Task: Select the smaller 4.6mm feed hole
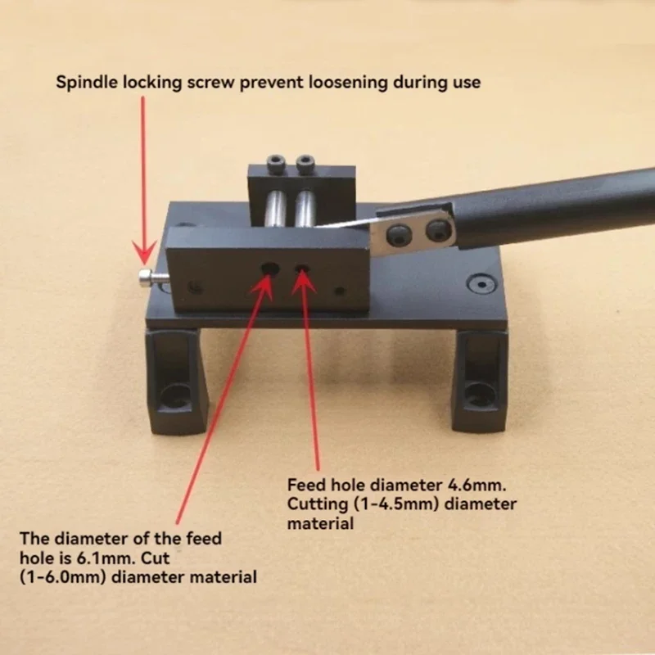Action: tap(303, 269)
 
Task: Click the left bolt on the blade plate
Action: tap(396, 234)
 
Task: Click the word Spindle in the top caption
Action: tap(83, 83)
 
